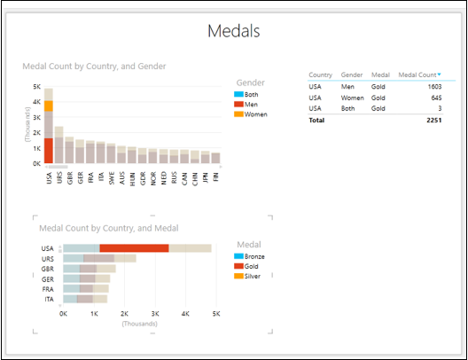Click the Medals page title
click(x=234, y=32)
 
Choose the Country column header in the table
click(x=321, y=75)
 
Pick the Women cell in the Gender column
click(x=352, y=98)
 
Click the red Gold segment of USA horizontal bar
click(x=134, y=249)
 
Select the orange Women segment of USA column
click(x=49, y=106)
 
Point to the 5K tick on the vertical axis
click(x=36, y=87)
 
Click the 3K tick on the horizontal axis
click(x=155, y=314)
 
